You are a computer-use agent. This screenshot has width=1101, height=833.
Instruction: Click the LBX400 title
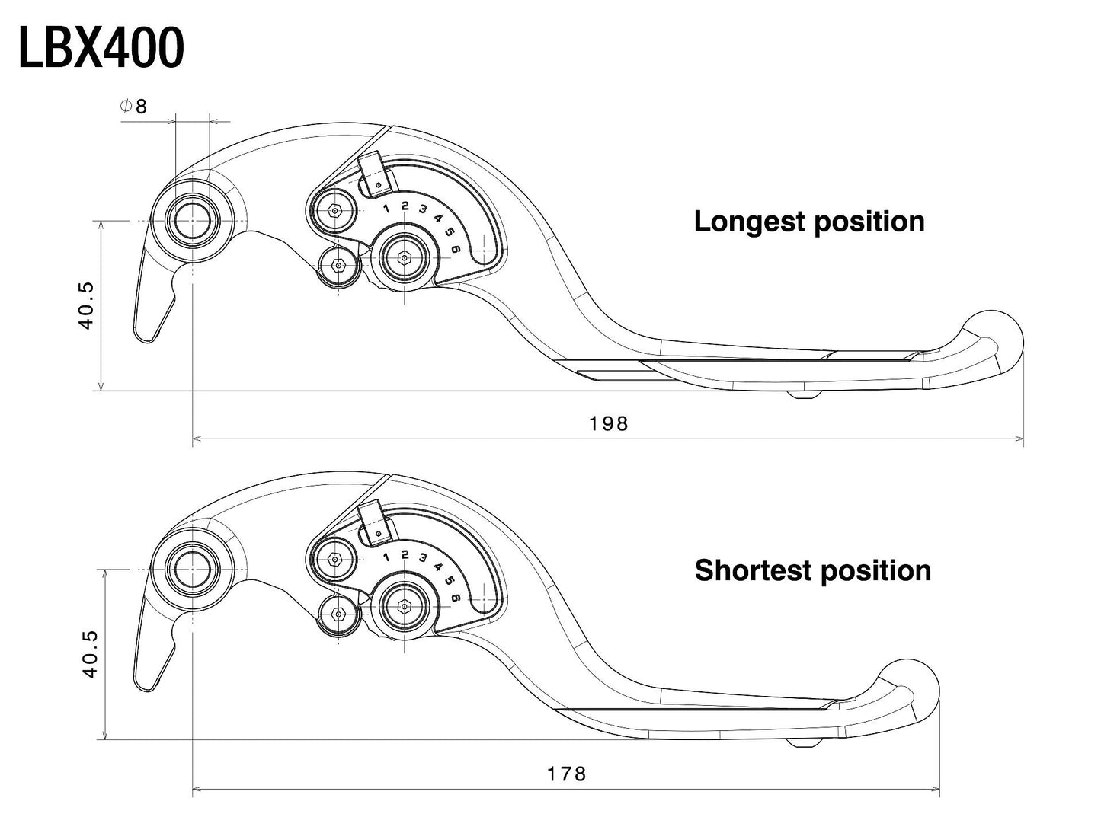(x=101, y=48)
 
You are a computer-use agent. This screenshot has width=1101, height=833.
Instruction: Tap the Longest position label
(x=808, y=222)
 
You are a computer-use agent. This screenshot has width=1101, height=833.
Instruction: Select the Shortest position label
(x=812, y=570)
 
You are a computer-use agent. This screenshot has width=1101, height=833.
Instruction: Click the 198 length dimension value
(x=608, y=424)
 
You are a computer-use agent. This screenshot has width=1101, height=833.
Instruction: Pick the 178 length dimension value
(x=567, y=774)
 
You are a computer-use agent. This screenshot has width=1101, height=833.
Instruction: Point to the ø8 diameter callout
(x=134, y=107)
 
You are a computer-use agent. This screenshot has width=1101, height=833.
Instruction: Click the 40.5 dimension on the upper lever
(x=86, y=305)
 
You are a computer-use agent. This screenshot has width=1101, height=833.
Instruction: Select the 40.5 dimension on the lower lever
(x=90, y=654)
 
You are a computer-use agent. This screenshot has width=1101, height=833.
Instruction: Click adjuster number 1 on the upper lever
(x=386, y=209)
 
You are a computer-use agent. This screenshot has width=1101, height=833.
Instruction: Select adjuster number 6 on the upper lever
(x=456, y=249)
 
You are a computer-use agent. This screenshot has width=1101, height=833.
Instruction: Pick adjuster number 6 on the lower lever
(x=456, y=598)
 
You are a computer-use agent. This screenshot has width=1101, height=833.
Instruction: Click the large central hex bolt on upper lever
(x=403, y=258)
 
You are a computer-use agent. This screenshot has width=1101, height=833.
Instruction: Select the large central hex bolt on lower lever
(x=403, y=606)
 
